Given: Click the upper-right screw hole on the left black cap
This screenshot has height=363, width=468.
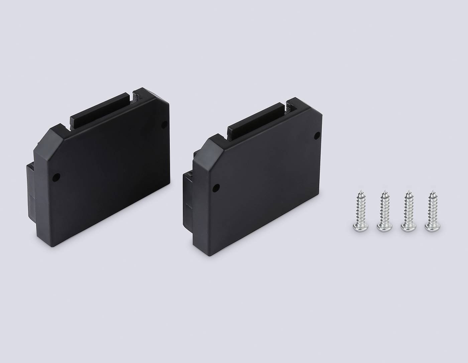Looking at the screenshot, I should (x=164, y=125).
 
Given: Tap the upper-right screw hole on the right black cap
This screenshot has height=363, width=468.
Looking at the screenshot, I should (x=318, y=135).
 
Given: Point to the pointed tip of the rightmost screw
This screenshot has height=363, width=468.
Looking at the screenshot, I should (x=433, y=192).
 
